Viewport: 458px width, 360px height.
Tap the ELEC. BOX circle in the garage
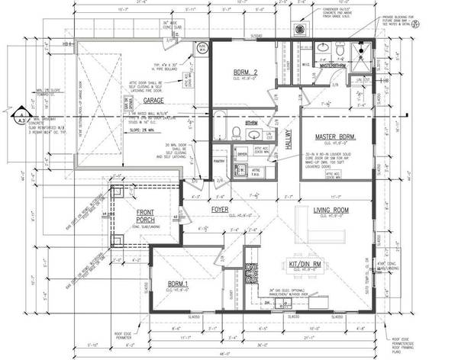[x=203, y=47]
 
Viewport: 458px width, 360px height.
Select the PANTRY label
[x=218, y=162]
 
